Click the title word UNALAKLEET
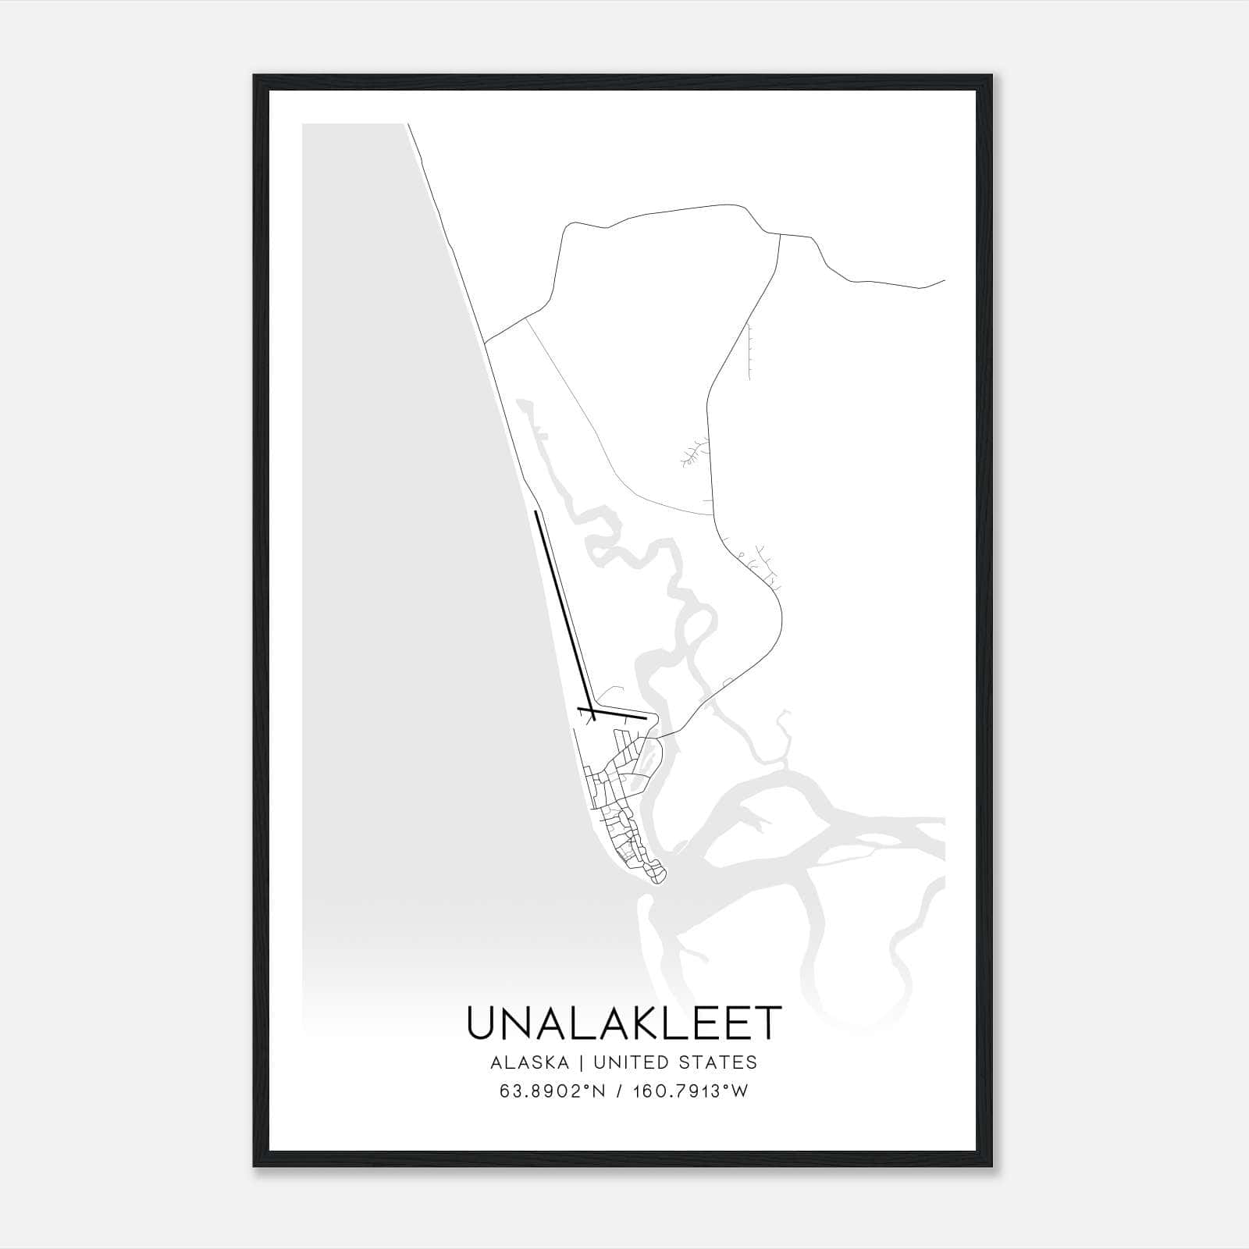[624, 1023]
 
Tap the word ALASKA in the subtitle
[535, 1062]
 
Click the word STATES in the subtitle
[723, 1062]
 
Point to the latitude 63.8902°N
[553, 1091]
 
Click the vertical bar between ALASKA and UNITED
[585, 1062]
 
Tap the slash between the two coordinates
[618, 1091]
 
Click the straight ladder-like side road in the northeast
[749, 351]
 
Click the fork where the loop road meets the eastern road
[779, 233]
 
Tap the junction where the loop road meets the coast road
[486, 342]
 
